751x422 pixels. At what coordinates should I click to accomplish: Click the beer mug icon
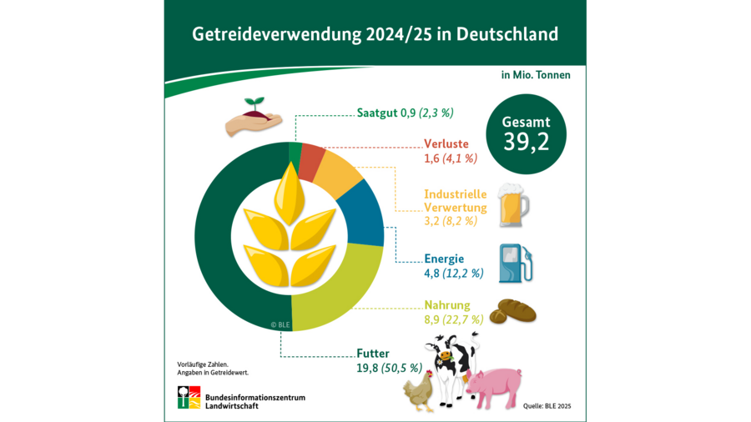click(x=513, y=206)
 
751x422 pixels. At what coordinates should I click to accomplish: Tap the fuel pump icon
click(x=515, y=264)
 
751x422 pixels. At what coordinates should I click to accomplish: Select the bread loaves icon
click(x=512, y=311)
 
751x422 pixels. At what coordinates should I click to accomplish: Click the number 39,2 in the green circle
click(x=526, y=142)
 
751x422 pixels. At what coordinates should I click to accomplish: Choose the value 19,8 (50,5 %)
click(x=389, y=368)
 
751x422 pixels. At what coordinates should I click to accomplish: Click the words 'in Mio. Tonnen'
click(x=536, y=75)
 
